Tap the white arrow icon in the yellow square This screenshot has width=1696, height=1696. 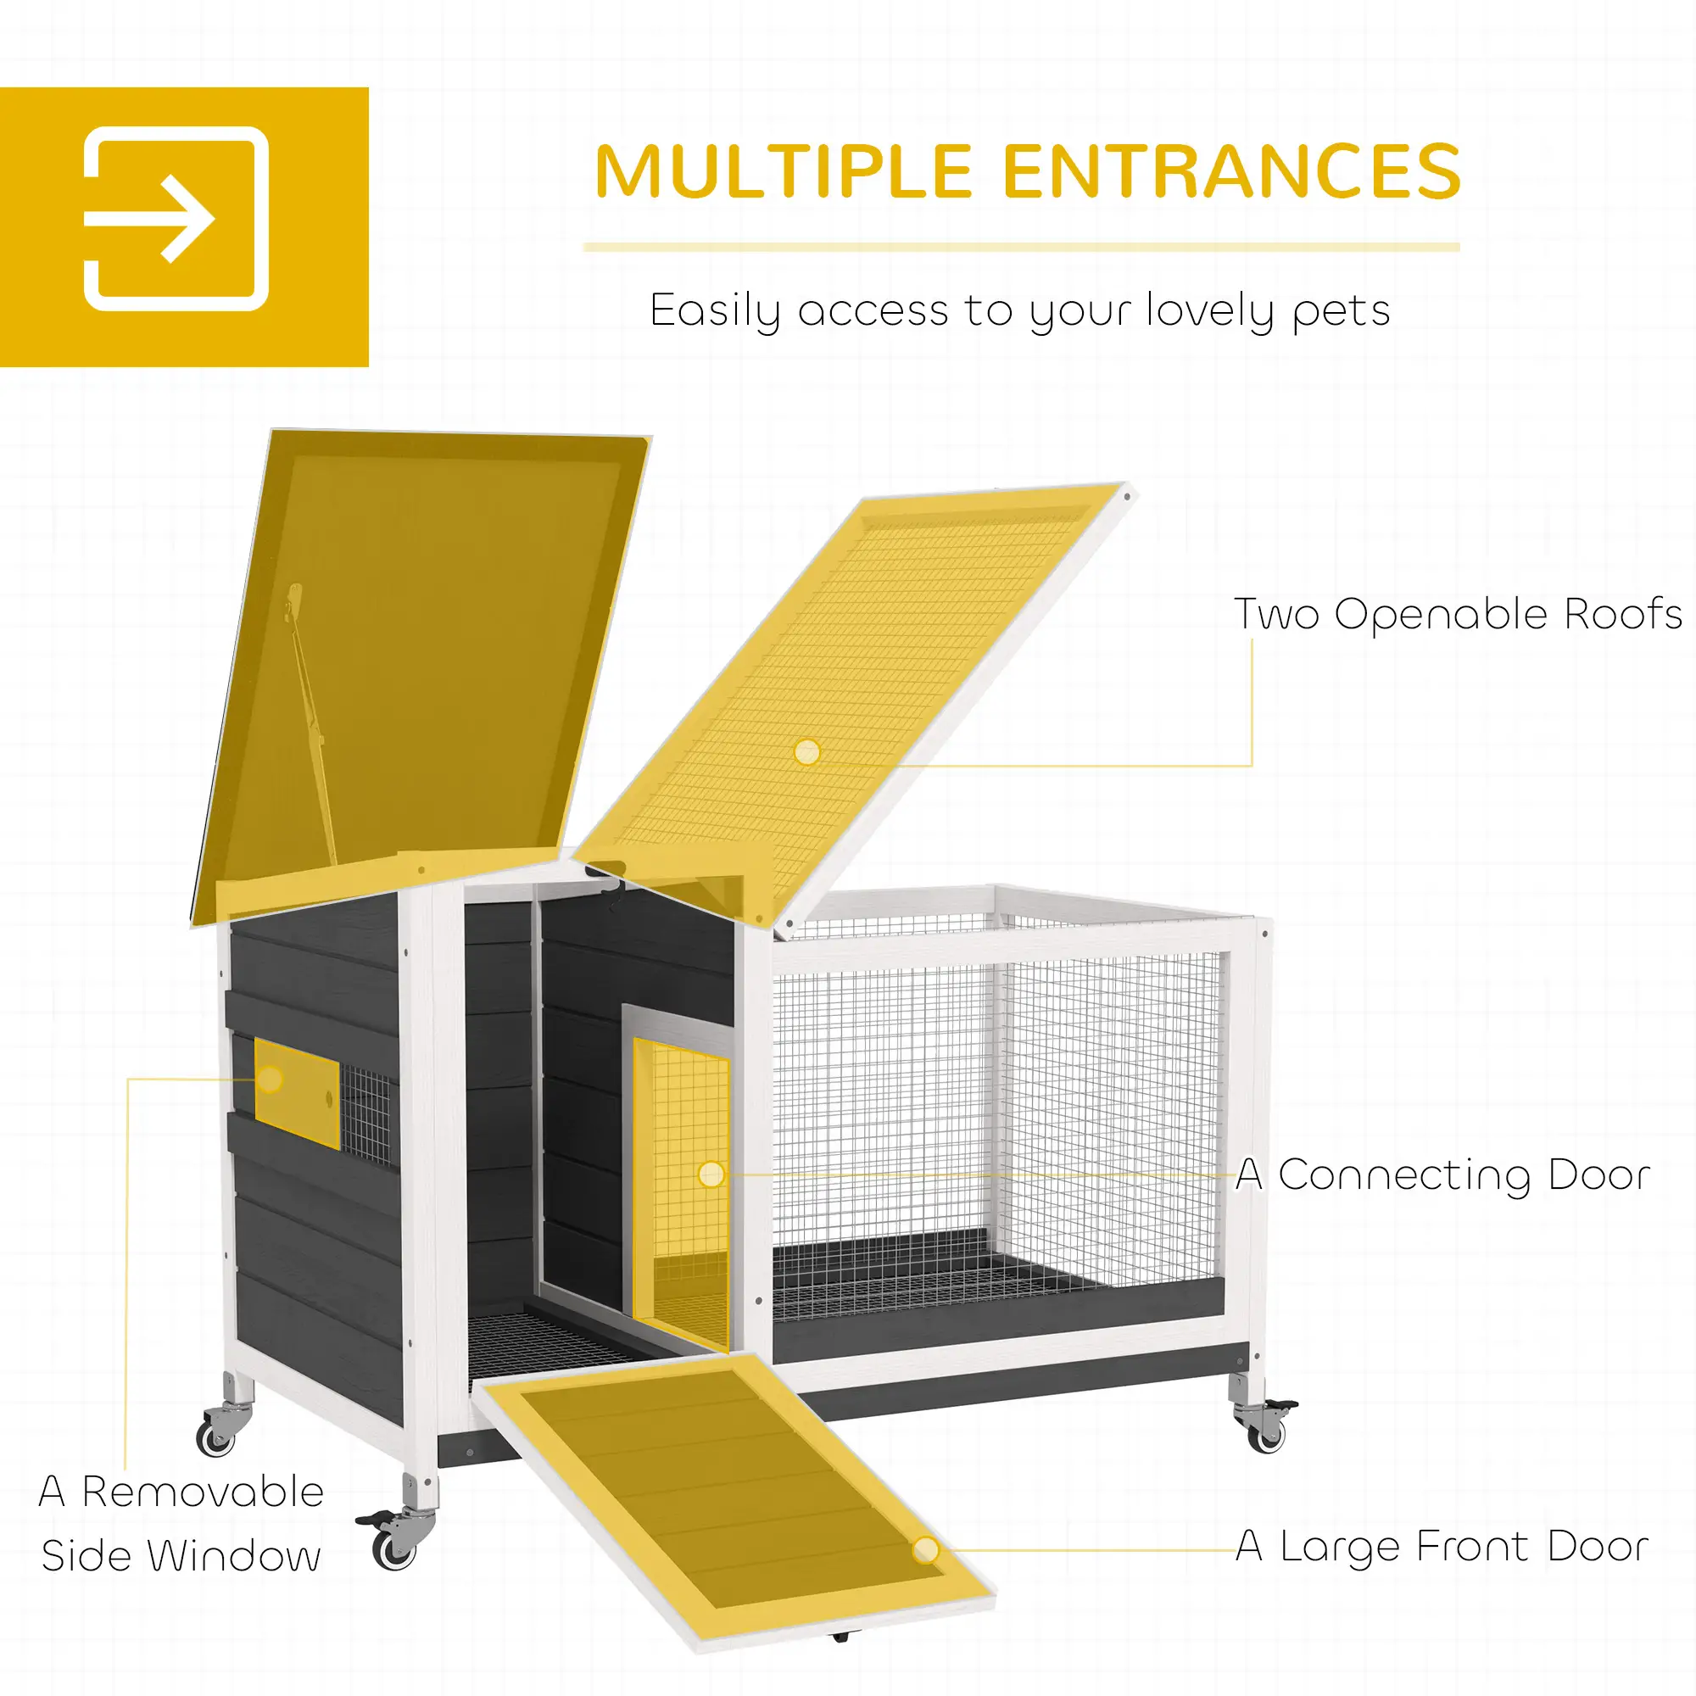(x=176, y=219)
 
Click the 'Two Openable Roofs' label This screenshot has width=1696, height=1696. (x=1458, y=615)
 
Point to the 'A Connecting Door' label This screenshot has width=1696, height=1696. (x=1443, y=1174)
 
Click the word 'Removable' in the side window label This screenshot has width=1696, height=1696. (x=203, y=1492)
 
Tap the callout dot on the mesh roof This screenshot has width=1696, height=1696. (x=806, y=751)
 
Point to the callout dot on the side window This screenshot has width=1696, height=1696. (x=271, y=1079)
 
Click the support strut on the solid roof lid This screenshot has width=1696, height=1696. (x=311, y=728)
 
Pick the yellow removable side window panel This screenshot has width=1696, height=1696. (x=298, y=1093)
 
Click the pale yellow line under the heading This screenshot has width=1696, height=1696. (x=1020, y=248)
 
